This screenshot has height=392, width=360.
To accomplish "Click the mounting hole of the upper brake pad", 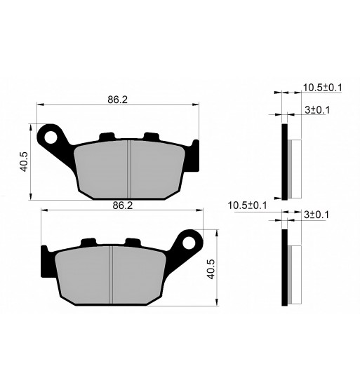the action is pos(51,138).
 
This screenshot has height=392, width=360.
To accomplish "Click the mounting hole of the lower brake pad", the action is pos(189,243).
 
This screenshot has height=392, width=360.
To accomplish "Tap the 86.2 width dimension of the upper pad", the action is pos(118,100).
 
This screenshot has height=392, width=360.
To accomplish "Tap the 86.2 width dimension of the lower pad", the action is pos(122,205).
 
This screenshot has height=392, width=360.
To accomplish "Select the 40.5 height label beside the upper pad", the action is pos(24,161).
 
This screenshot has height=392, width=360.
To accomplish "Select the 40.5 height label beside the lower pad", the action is pos(211,269).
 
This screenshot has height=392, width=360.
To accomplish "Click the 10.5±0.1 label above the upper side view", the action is pos(323,88).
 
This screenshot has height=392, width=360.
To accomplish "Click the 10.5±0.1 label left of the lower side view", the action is pos(247,205).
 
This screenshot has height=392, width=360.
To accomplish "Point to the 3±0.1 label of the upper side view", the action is pos(317,110).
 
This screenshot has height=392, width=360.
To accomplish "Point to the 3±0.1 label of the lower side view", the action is pos(316,215).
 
